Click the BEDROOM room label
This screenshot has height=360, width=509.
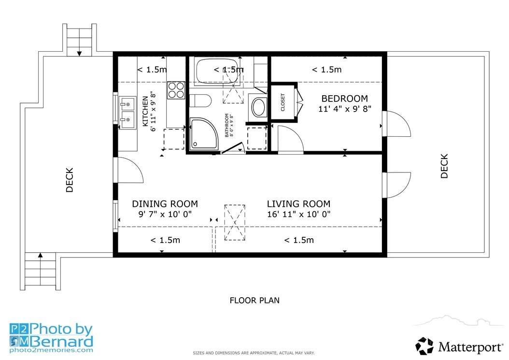point(344,99)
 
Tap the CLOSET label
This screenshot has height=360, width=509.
point(283,102)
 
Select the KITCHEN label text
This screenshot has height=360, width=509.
point(145,112)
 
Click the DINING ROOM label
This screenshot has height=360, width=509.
point(165,204)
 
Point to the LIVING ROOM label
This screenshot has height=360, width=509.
point(298,204)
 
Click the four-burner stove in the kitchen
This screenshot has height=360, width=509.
point(176,90)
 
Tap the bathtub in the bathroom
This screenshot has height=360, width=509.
point(217,71)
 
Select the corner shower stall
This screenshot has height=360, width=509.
point(203,134)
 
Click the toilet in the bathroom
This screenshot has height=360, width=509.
point(200,101)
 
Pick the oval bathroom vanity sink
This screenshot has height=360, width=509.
point(259,107)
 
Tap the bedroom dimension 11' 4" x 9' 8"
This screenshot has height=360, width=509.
point(344,109)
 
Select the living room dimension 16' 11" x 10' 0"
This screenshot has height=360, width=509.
point(298,214)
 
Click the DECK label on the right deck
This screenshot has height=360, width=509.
point(444,166)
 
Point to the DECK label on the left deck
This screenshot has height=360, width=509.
point(70,180)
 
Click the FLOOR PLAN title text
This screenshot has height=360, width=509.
point(254,300)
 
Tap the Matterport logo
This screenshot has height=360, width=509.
point(459,346)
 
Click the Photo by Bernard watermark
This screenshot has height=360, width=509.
point(51,338)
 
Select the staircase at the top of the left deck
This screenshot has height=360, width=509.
point(80,40)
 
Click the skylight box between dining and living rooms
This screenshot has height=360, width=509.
point(235,223)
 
